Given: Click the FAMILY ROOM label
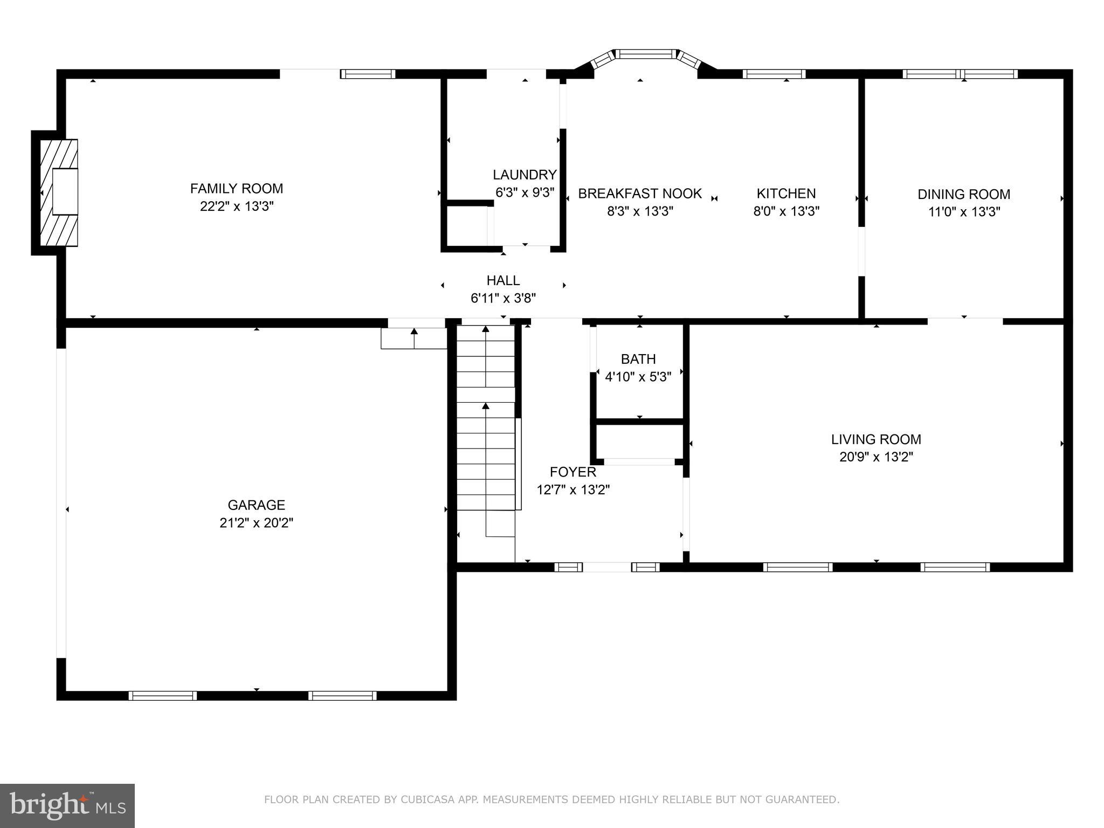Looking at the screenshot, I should (236, 188).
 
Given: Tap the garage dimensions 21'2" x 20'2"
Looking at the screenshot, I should (256, 523).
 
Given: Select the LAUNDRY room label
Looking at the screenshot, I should (524, 175).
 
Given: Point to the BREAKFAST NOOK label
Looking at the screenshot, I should (640, 193).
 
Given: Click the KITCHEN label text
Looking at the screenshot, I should (786, 193).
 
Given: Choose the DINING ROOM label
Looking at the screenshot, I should (964, 194).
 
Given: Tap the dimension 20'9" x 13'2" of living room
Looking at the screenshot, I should (876, 457).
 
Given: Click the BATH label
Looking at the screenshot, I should (638, 359).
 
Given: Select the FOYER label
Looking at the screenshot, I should (572, 472).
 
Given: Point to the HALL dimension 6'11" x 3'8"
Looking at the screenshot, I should (503, 298).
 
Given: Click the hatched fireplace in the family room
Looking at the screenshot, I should (59, 192).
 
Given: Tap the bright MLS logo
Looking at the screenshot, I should (67, 805).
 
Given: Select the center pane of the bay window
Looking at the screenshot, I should (645, 53).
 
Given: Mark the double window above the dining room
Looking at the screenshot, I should (960, 74).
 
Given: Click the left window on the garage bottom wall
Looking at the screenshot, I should (162, 695).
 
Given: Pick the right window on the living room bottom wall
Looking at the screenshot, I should (955, 567).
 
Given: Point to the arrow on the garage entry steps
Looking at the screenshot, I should (414, 337).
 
